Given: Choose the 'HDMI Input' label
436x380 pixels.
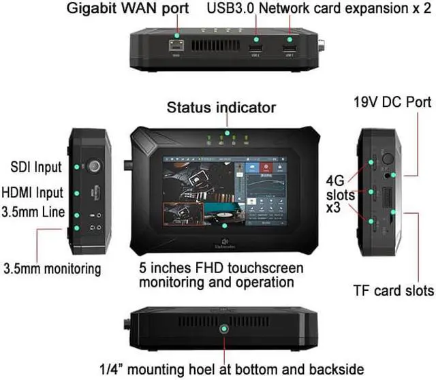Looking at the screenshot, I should pyautogui.click(x=33, y=193).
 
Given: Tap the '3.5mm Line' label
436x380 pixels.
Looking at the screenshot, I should pyautogui.click(x=33, y=212).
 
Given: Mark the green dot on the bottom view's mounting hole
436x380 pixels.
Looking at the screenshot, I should pyautogui.click(x=223, y=330).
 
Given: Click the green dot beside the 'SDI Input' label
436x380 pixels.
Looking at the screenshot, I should pyautogui.click(x=77, y=167).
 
